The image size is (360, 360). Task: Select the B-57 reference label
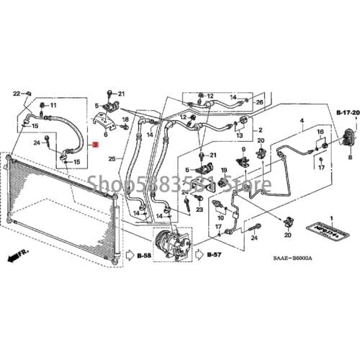(x=214, y=256)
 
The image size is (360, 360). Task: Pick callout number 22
(x=17, y=94)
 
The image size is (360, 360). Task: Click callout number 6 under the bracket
(x=106, y=133)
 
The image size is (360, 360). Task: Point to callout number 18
(x=125, y=119)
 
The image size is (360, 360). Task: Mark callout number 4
(x=302, y=120)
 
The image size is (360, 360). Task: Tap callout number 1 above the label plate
(x=332, y=217)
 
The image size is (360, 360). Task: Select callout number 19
(x=223, y=170)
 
